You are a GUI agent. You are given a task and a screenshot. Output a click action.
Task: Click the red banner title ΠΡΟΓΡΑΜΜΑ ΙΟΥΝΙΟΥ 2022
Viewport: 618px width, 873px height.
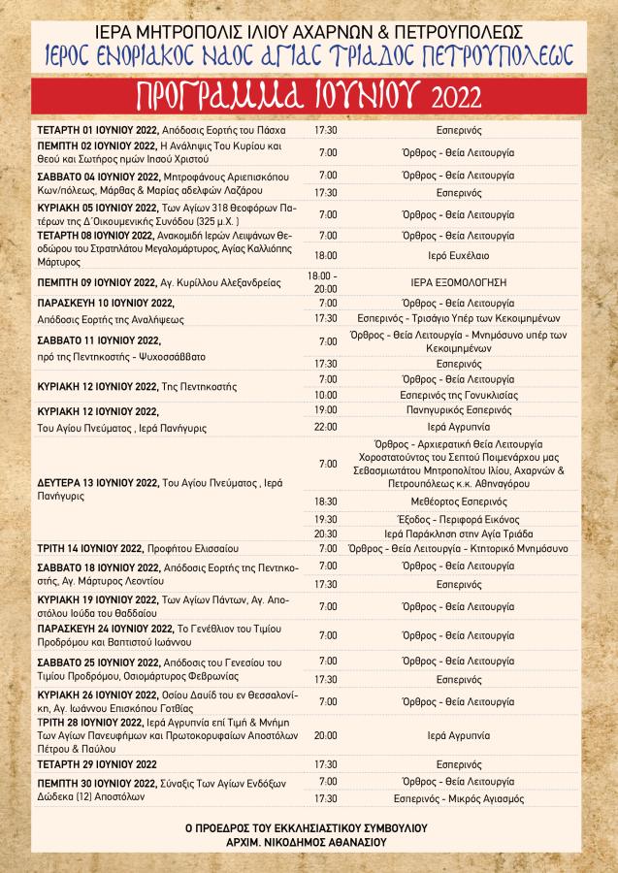pos(308,96)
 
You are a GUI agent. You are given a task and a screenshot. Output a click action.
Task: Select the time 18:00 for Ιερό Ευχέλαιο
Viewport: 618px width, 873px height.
pos(327,256)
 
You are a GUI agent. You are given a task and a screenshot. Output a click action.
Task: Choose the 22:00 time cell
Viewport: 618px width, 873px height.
pos(327,426)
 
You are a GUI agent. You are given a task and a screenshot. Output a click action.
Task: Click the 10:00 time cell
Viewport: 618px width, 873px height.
pos(327,395)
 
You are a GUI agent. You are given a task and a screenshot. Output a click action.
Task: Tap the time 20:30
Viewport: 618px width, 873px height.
pos(327,533)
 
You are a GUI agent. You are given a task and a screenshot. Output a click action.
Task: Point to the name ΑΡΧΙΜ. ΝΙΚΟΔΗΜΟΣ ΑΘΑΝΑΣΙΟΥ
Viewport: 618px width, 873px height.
pos(309,843)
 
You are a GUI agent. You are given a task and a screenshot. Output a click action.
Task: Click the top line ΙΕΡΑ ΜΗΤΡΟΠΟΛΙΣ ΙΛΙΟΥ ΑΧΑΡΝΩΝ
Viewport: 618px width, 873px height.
pos(308,30)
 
